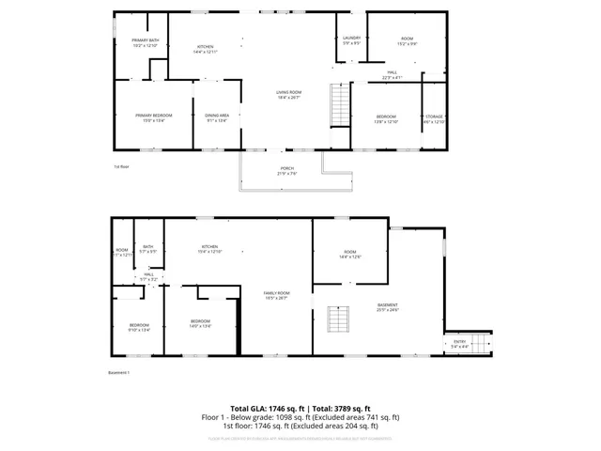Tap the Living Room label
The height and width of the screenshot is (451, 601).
(x=288, y=94)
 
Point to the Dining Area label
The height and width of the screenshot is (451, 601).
(x=217, y=117)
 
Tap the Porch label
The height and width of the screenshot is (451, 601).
(x=286, y=171)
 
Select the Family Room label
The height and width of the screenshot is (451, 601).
(x=276, y=295)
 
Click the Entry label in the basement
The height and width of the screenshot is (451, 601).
(x=459, y=344)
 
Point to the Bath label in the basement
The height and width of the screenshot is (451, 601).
(x=147, y=249)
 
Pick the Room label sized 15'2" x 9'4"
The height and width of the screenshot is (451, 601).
(x=406, y=40)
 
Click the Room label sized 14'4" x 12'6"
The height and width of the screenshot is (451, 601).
(x=349, y=254)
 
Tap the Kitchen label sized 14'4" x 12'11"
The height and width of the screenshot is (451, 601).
(x=205, y=49)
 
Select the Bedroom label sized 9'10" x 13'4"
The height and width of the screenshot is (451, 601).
(x=139, y=327)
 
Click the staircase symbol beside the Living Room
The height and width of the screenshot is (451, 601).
(x=339, y=103)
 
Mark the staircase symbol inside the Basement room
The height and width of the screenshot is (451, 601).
(x=337, y=320)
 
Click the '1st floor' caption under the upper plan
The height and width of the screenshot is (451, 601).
(x=121, y=166)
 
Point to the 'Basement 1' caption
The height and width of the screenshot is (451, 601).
(x=118, y=373)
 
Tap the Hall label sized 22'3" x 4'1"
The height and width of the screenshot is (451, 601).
(x=392, y=74)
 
